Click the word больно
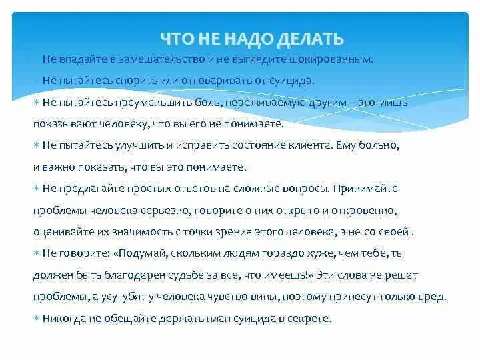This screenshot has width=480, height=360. pos(417,145)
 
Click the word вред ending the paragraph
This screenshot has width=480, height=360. pos(432,297)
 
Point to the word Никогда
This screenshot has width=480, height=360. pos(63,319)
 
